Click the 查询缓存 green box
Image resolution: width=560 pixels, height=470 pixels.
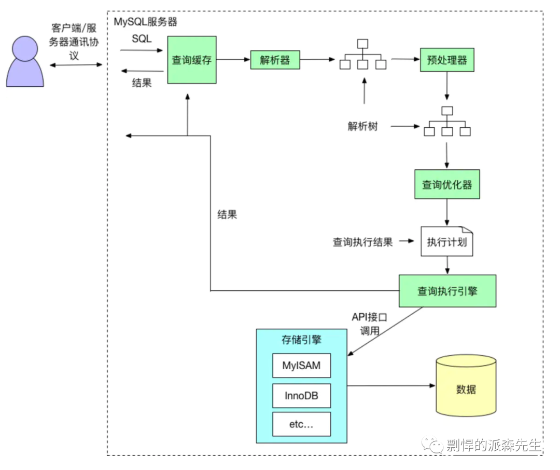192,60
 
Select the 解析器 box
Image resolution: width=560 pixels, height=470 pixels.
275,60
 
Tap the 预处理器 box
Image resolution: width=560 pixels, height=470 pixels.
447,60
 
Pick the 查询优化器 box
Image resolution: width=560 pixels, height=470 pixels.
447,184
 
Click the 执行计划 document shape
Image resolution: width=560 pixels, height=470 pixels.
447,241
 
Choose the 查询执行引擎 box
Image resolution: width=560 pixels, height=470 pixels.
447,291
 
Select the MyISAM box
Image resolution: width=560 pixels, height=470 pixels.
301,366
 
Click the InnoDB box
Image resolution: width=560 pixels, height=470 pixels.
301,396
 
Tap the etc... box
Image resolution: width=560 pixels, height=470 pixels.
301,424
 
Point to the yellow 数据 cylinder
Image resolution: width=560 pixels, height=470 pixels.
466,385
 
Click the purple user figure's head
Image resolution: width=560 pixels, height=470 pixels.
25,48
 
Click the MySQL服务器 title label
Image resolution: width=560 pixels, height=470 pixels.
145,22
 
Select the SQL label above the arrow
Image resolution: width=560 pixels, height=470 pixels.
142,38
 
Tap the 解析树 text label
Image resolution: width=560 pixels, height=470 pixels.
363,126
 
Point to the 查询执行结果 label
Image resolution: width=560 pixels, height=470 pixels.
363,242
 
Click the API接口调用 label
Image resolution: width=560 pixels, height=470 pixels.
370,324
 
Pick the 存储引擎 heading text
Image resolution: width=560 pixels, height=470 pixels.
301,340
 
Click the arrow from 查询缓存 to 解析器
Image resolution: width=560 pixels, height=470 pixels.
233,59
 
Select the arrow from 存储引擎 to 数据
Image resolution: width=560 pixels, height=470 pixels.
391,385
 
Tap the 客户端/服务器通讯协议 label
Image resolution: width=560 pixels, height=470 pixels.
74,42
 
